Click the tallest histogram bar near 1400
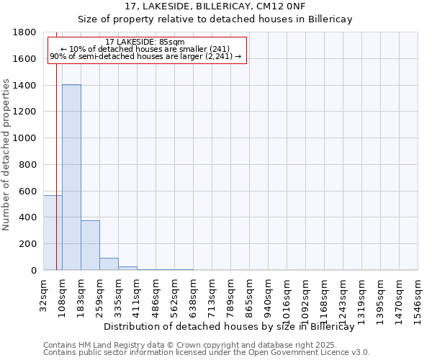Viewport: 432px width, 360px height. tap(71, 177)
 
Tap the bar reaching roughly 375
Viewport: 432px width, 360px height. tap(90, 245)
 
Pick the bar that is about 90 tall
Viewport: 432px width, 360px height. tap(109, 264)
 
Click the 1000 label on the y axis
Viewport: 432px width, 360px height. tap(26, 138)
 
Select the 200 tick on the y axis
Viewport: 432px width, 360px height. tap(29, 244)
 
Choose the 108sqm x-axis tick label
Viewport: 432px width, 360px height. tap(63, 295)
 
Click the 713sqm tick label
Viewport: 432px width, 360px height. tap(212, 295)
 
